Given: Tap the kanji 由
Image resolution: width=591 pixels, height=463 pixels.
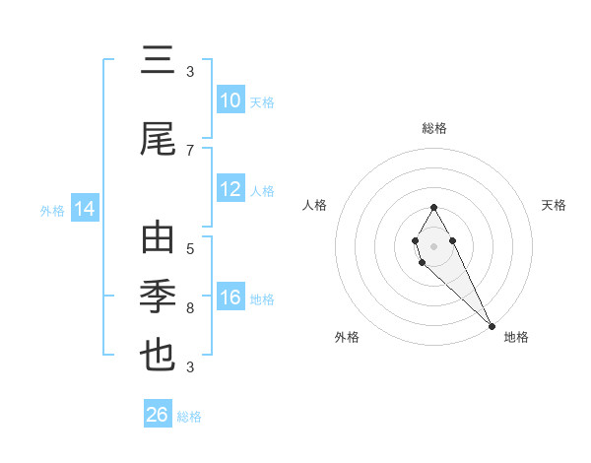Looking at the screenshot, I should coord(159,240).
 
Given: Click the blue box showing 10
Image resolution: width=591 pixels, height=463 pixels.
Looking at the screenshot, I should coord(230,100).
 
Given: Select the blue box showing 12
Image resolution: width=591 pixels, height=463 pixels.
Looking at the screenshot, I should coord(230,189).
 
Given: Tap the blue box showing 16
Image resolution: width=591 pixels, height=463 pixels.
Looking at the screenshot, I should coord(230,298).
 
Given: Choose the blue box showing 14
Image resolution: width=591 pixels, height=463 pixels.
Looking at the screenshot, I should coord(84,209).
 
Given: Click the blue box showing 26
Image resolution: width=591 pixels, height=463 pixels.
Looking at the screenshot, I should coord(158,415).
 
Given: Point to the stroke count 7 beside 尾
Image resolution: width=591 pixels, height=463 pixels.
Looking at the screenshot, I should coord(190,150).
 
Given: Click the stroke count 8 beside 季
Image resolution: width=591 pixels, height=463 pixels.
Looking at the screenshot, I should coord(190,308).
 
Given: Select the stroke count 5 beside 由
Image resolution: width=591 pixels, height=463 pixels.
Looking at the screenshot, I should coord(190,248).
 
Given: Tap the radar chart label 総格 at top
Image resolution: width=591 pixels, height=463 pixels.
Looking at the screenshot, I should coord(434,128).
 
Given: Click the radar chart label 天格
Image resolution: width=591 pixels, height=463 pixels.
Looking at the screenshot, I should coord(554,205).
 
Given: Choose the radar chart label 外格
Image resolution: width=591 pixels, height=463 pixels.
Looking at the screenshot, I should coord(347,337).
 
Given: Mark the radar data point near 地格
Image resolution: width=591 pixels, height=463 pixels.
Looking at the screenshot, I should coord(492,325).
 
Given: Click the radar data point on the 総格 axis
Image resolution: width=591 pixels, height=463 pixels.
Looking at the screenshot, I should coord(433,207).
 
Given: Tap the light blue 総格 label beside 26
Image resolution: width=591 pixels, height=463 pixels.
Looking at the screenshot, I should coord(189,417).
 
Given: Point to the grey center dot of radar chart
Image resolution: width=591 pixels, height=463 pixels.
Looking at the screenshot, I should coord(433,244).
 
